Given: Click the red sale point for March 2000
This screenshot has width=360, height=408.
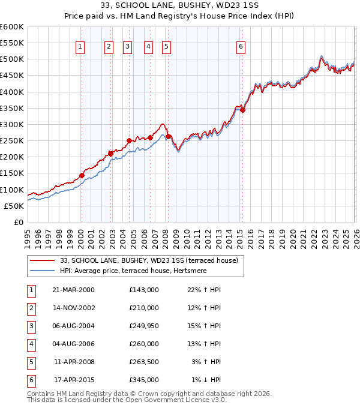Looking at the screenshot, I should [82, 176].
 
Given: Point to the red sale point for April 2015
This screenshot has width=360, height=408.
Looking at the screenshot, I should [242, 110].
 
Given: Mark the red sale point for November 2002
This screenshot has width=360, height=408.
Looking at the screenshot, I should [110, 154].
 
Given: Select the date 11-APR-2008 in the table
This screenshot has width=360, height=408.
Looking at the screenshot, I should [74, 362].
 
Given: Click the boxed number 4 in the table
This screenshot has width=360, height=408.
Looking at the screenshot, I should [31, 344].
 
